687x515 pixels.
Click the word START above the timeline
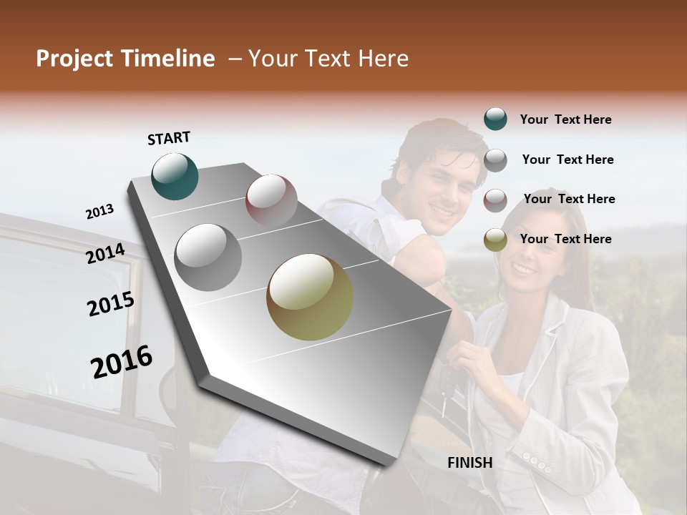click(169, 138)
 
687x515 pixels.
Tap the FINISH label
click(470, 463)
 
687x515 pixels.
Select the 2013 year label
click(99, 212)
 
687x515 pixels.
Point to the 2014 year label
click(106, 254)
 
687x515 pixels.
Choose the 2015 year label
click(111, 304)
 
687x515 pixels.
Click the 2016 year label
click(122, 362)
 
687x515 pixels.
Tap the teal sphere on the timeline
click(175, 176)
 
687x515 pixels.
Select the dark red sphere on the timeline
click(271, 200)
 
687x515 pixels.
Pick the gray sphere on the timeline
click(208, 257)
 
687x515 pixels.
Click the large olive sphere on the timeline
click(310, 297)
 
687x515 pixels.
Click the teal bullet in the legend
click(495, 119)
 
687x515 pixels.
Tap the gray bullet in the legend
click(495, 160)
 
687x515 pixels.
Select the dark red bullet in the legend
click(495, 200)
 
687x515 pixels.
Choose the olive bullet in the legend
click(495, 240)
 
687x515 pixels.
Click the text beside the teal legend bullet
click(565, 120)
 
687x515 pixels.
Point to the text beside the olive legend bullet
click(565, 239)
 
